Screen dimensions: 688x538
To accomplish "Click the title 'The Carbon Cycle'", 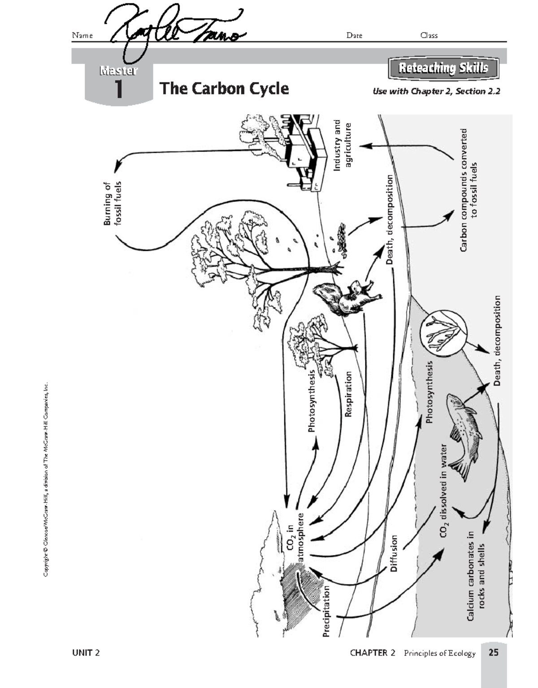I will [x=224, y=88].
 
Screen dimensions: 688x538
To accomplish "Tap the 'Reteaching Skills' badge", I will [x=443, y=69].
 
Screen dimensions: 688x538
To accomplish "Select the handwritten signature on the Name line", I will [x=175, y=31].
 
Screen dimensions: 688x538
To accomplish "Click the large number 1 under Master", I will [x=118, y=89].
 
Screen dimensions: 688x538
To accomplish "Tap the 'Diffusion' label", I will [x=394, y=553].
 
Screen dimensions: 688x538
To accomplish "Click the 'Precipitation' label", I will [x=326, y=611].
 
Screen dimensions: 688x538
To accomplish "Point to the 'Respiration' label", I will [x=348, y=394].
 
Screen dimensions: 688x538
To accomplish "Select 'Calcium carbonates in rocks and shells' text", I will [x=476, y=576].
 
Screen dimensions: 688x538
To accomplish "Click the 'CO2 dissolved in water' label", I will [x=444, y=490].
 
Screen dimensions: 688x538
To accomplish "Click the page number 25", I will [x=493, y=653].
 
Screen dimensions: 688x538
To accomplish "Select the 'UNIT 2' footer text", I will [x=86, y=653].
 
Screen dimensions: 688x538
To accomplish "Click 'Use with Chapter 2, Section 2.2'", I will [x=436, y=91].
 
